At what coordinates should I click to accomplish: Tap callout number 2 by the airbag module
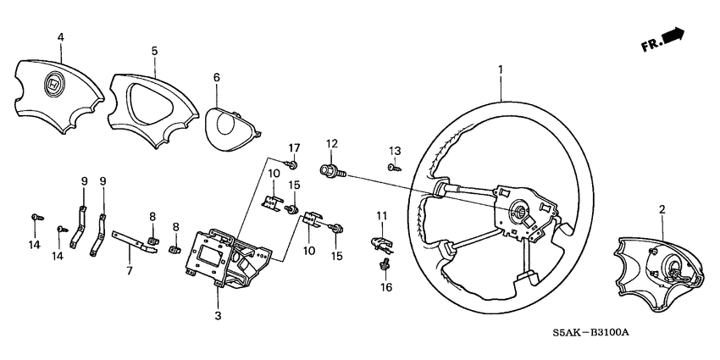662,208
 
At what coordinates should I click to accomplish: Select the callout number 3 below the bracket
218,315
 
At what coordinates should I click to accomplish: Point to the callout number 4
59,37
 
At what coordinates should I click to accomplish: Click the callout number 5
154,51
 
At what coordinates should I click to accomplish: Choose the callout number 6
216,77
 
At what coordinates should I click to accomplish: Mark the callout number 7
129,270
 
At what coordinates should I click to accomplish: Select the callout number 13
395,150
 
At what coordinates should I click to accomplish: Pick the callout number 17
295,149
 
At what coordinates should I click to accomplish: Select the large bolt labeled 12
331,171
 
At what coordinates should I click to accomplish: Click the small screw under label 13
395,169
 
